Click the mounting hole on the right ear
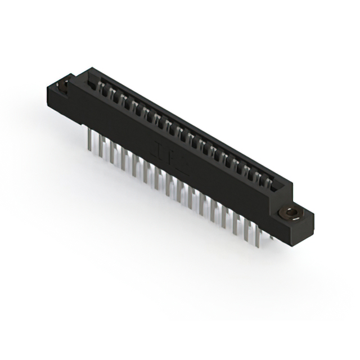click(x=290, y=214)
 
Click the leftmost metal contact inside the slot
click(x=101, y=88)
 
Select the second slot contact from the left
click(x=112, y=93)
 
